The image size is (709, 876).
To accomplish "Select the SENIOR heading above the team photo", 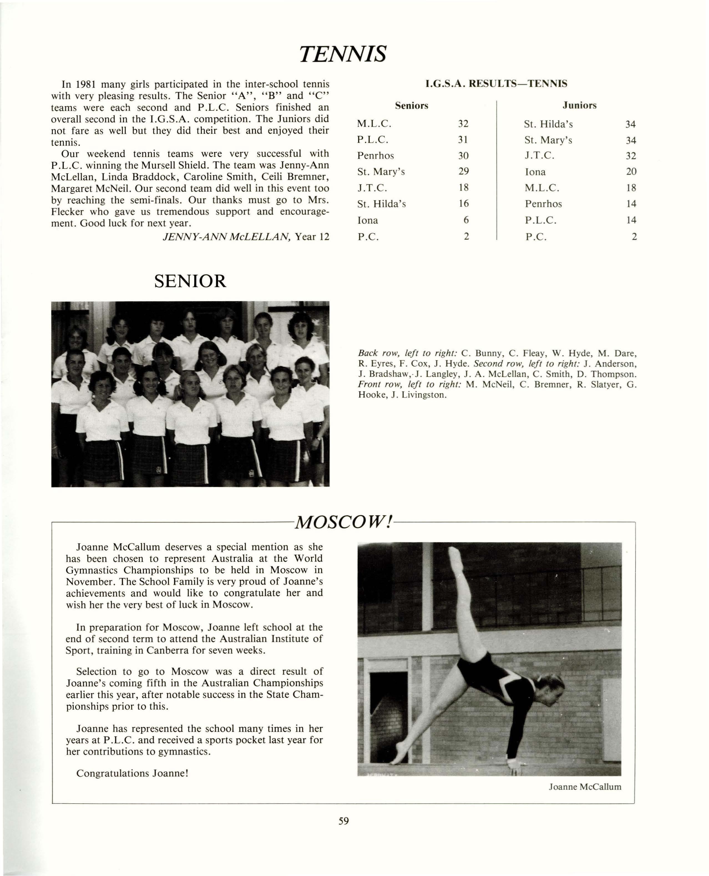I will click(190, 281).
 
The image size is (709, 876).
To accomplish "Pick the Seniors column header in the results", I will click(411, 106).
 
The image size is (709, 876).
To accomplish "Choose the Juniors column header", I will click(579, 105).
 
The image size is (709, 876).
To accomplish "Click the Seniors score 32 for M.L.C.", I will click(463, 124).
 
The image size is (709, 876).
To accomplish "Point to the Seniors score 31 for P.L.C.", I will click(463, 140).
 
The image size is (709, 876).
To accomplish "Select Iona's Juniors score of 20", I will click(631, 171).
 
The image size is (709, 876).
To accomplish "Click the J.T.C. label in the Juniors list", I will click(540, 156).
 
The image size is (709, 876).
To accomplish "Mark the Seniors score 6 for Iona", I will click(466, 220).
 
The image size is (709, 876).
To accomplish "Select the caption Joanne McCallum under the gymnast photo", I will click(585, 787).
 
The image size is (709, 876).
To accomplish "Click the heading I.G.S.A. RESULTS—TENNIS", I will click(496, 84).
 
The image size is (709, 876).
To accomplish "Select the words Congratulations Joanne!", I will click(132, 773).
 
